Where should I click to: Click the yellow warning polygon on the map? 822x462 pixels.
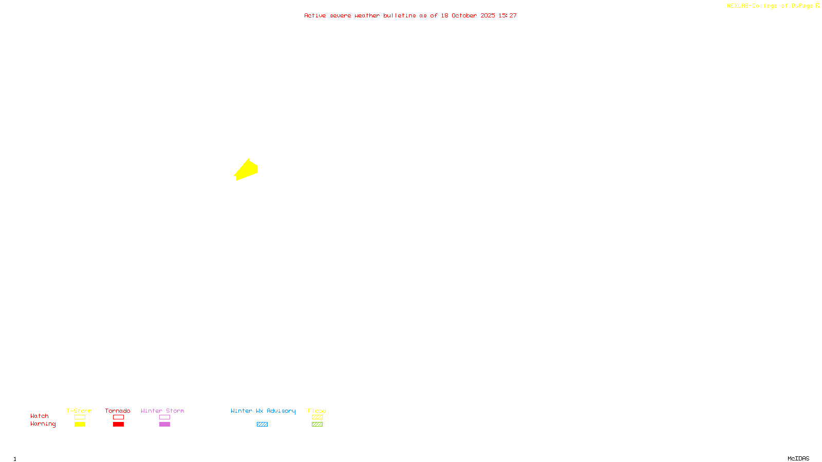(x=247, y=170)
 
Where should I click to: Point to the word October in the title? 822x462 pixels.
(x=464, y=15)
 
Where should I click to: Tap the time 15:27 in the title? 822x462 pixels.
(x=508, y=15)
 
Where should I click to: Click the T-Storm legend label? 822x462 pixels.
(x=79, y=411)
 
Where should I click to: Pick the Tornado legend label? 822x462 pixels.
(x=118, y=411)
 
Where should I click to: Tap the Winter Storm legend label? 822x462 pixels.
(x=162, y=411)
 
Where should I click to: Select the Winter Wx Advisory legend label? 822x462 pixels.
(x=263, y=411)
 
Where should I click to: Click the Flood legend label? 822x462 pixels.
(x=317, y=411)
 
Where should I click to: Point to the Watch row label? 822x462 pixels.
(x=40, y=416)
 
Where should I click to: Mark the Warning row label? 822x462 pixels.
(x=43, y=424)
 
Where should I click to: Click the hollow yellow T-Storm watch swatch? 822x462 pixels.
(x=80, y=417)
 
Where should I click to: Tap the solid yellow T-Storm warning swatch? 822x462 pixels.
(x=80, y=425)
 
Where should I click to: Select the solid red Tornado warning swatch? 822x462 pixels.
(x=118, y=425)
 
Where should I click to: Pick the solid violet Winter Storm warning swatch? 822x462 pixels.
(x=164, y=425)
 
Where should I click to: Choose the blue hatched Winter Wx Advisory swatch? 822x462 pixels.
(x=262, y=425)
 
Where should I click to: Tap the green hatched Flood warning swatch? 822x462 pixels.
(x=317, y=425)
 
